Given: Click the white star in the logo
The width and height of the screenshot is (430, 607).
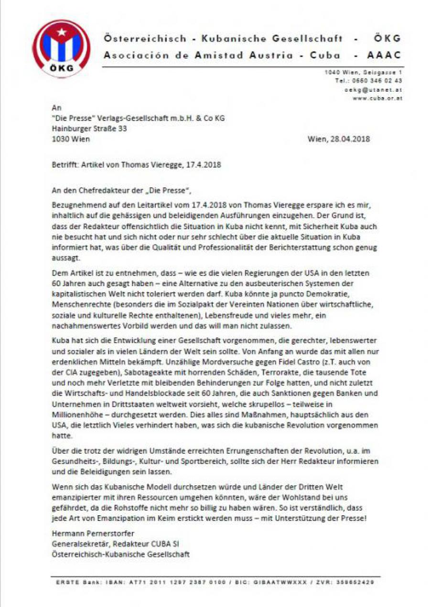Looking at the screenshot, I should [x=61, y=32].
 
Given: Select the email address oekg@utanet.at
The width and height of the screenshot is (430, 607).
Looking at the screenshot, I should [x=376, y=89].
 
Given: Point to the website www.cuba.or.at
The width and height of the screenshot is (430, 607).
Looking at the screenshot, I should [x=377, y=98].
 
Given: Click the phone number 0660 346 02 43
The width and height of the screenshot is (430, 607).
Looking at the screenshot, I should [x=380, y=81].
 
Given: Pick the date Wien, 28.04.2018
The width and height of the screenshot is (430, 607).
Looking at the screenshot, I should [x=339, y=139].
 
